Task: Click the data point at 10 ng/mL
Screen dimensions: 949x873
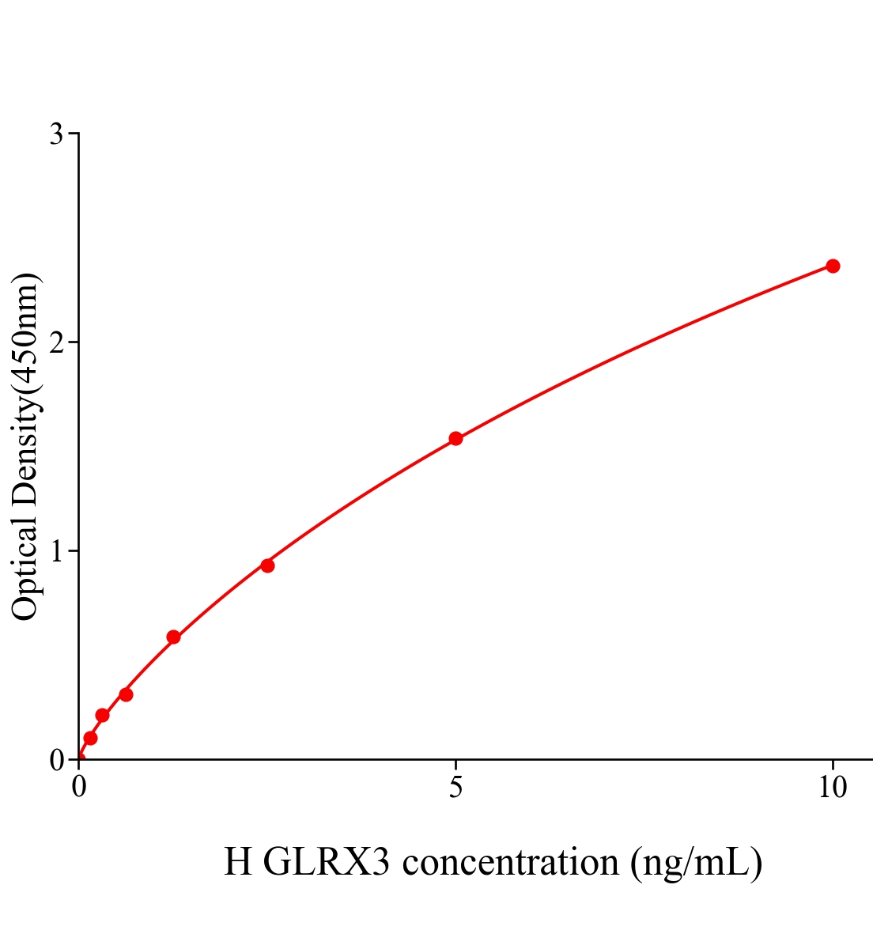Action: tap(833, 266)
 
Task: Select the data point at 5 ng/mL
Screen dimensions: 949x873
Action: tap(455, 438)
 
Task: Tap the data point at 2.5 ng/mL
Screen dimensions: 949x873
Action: tap(267, 565)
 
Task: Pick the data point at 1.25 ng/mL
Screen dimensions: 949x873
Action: tap(173, 637)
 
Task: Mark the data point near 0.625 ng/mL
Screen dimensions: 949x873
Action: tap(126, 694)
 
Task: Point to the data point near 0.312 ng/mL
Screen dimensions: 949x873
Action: tap(102, 716)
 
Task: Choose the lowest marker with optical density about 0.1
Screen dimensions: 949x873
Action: tap(90, 738)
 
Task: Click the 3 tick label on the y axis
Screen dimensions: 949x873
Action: tap(56, 134)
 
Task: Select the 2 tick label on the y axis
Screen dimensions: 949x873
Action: tap(56, 342)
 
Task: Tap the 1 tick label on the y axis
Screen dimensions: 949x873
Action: tap(56, 551)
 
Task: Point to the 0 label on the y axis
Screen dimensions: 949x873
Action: tap(56, 760)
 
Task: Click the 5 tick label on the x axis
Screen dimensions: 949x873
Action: tap(455, 788)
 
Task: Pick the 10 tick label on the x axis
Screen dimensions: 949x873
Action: tap(832, 788)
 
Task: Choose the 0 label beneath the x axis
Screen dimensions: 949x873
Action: tap(79, 788)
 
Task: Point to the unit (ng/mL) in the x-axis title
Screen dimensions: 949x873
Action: tap(696, 862)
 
